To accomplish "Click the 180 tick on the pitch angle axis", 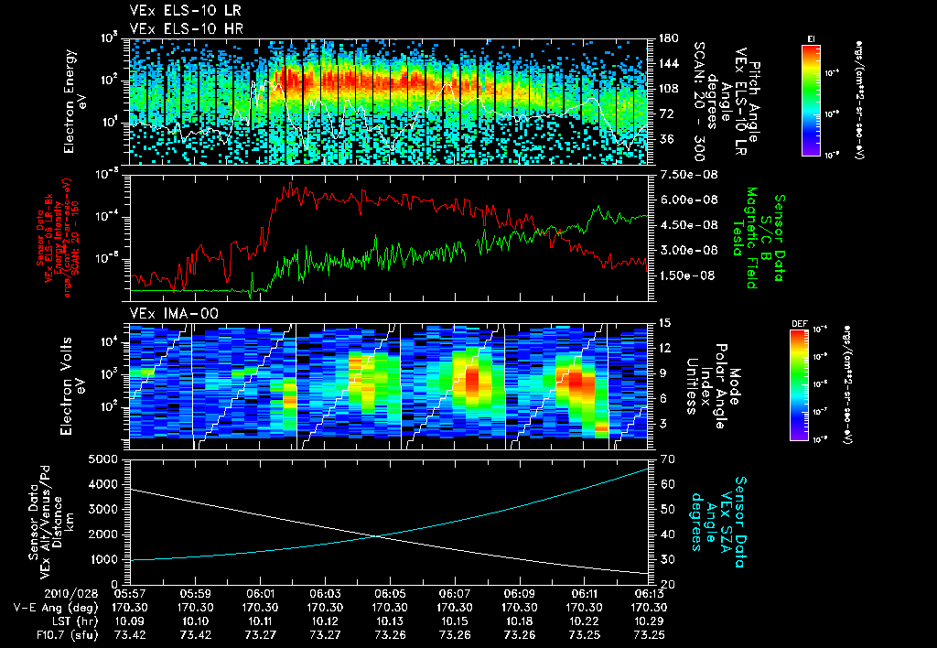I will tap(666, 38).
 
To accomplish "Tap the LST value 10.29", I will tap(648, 621).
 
